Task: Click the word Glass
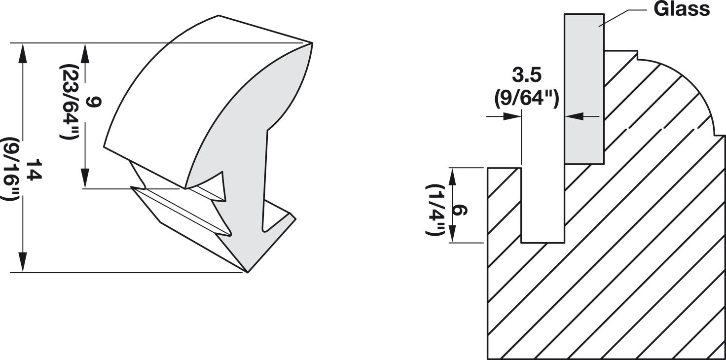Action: pyautogui.click(x=682, y=8)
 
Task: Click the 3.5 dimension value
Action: pyautogui.click(x=527, y=75)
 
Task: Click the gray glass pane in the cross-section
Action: pyautogui.click(x=584, y=89)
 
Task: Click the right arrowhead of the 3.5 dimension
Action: pyautogui.click(x=572, y=116)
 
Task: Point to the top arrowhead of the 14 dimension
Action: pyautogui.click(x=22, y=51)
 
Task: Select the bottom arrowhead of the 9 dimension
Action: pyautogui.click(x=85, y=179)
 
